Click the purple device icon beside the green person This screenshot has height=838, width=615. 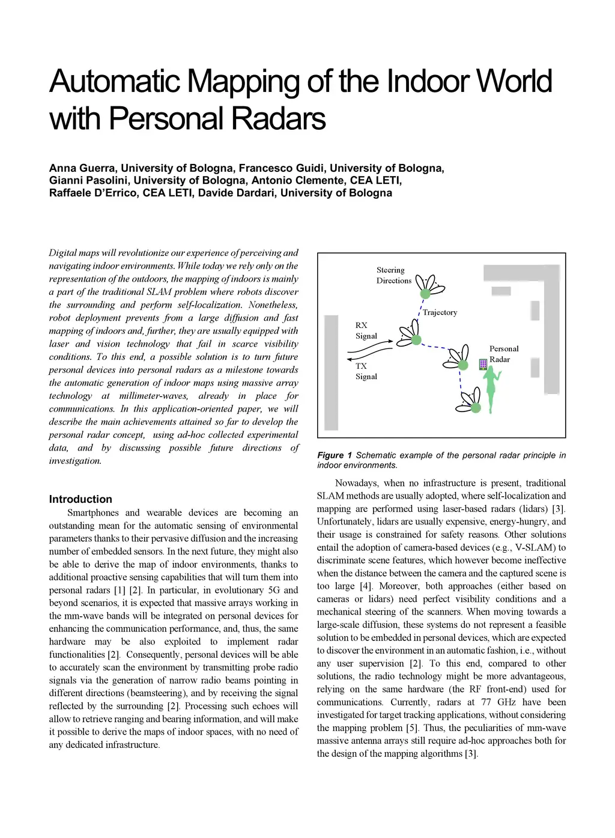click(x=483, y=364)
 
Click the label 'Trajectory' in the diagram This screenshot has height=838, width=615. click(x=440, y=312)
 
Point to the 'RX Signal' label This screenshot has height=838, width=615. click(x=366, y=330)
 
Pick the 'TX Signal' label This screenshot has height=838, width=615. click(x=366, y=371)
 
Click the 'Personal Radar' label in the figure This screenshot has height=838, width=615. click(x=503, y=354)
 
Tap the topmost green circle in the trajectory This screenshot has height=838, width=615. click(x=425, y=293)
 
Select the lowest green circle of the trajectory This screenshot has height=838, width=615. click(x=476, y=408)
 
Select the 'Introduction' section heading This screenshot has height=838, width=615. click(x=80, y=499)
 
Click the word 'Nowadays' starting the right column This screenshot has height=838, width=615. click(x=357, y=483)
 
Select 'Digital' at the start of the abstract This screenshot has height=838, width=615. click(x=62, y=253)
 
